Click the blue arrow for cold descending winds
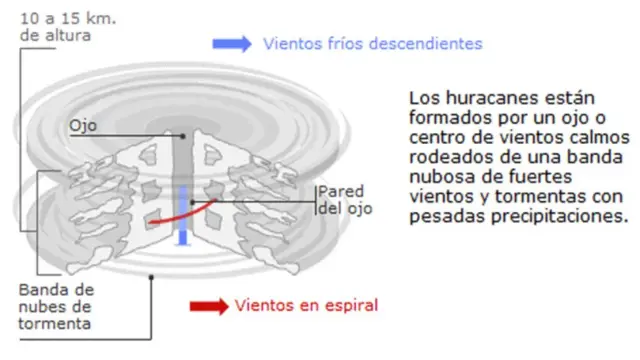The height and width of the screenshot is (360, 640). coord(231,44)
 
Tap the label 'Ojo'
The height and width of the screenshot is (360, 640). coord(83,127)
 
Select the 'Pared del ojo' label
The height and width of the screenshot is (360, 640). coord(339,200)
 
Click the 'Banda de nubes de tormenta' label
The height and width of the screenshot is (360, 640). coord(56,307)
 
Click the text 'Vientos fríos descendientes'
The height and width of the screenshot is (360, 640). coord(372,44)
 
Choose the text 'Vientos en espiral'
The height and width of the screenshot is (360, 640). coord(306,305)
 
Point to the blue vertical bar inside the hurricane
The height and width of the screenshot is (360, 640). coord(183,215)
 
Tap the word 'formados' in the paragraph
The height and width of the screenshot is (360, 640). coord(444,119)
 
